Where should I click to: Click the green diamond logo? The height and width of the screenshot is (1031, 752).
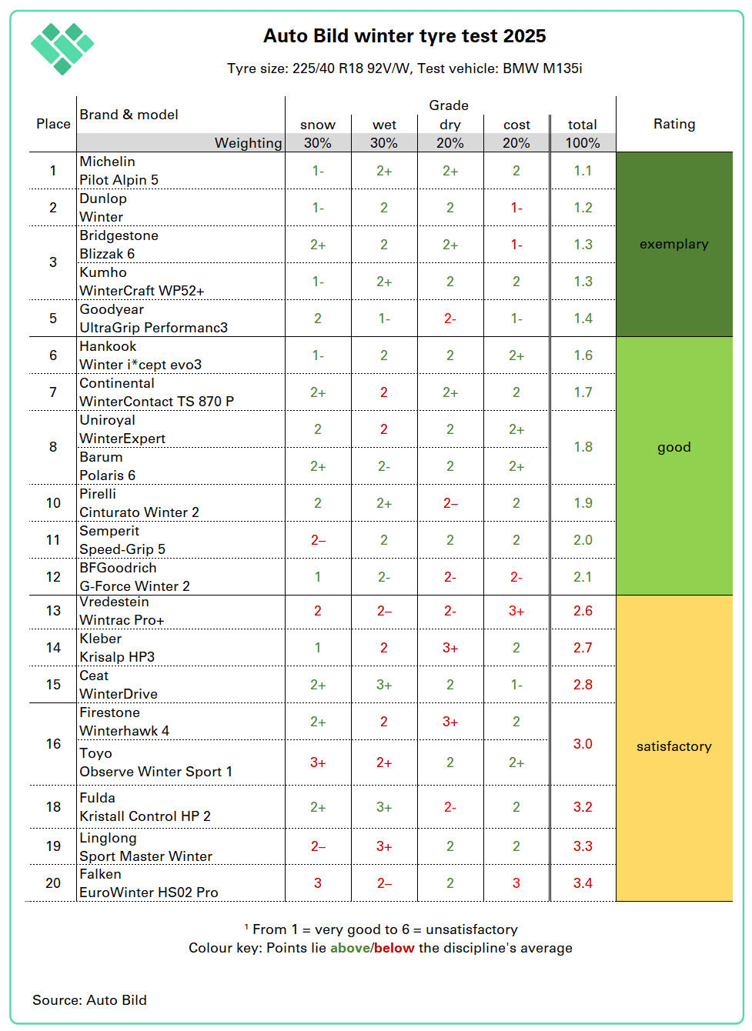pyautogui.click(x=62, y=48)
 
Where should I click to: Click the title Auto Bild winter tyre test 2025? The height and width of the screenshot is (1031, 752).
pyautogui.click(x=404, y=36)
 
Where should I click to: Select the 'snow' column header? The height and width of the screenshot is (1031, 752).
pyautogui.click(x=318, y=125)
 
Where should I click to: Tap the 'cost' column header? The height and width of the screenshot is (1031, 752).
pyautogui.click(x=516, y=125)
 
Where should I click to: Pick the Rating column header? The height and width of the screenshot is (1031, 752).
pyautogui.click(x=673, y=124)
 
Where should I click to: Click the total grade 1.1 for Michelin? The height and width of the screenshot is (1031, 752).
pyautogui.click(x=583, y=171)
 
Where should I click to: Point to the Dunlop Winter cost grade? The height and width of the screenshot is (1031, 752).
pyautogui.click(x=516, y=208)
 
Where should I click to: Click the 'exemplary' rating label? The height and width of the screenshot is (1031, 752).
pyautogui.click(x=673, y=244)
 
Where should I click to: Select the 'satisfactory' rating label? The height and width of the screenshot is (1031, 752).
pyautogui.click(x=673, y=746)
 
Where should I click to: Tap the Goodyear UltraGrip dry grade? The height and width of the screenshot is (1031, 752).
pyautogui.click(x=450, y=319)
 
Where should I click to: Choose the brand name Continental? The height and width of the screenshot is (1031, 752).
pyautogui.click(x=117, y=383)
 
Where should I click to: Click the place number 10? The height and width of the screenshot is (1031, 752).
pyautogui.click(x=53, y=503)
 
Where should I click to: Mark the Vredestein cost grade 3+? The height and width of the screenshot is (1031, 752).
pyautogui.click(x=516, y=611)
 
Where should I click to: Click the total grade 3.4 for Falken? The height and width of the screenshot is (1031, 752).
pyautogui.click(x=583, y=883)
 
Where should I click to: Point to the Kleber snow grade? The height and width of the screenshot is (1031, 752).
pyautogui.click(x=318, y=648)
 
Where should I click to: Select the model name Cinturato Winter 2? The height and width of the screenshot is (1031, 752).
pyautogui.click(x=139, y=512)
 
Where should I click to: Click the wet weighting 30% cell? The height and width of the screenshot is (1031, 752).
pyautogui.click(x=384, y=143)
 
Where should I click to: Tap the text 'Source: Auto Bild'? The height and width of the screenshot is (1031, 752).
pyautogui.click(x=89, y=1000)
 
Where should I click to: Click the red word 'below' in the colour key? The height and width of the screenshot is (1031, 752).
pyautogui.click(x=394, y=948)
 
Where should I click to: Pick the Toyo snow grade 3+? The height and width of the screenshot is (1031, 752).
pyautogui.click(x=318, y=762)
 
